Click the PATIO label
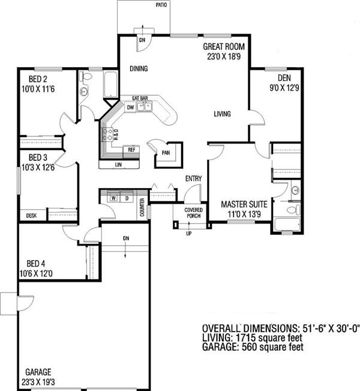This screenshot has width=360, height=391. pyautogui.click(x=161, y=5)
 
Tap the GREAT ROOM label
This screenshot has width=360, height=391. pyautogui.click(x=224, y=47)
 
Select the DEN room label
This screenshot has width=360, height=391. pyautogui.click(x=284, y=78)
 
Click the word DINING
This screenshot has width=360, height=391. pyautogui.click(x=139, y=68)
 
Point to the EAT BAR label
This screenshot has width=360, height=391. pyautogui.click(x=140, y=99)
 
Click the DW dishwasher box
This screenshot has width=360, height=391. pyautogui.click(x=130, y=108)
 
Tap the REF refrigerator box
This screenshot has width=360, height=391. pyautogui.click(x=131, y=150)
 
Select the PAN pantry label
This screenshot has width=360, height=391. pyautogui.click(x=166, y=153)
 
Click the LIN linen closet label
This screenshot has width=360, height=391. pyautogui.click(x=118, y=165)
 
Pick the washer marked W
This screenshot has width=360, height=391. pyautogui.click(x=113, y=198)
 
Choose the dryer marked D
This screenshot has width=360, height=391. pyautogui.click(x=127, y=198)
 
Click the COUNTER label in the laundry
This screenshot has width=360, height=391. pyautogui.click(x=142, y=207)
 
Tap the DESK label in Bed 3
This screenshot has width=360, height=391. pyautogui.click(x=31, y=216)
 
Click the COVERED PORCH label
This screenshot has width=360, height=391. pyautogui.click(x=193, y=213)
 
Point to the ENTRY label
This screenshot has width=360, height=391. pyautogui.click(x=194, y=178)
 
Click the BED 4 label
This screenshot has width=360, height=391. pyautogui.click(x=36, y=264)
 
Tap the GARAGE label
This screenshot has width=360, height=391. pyautogui.click(x=38, y=372)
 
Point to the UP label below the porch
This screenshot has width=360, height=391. pyautogui.click(x=189, y=234)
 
